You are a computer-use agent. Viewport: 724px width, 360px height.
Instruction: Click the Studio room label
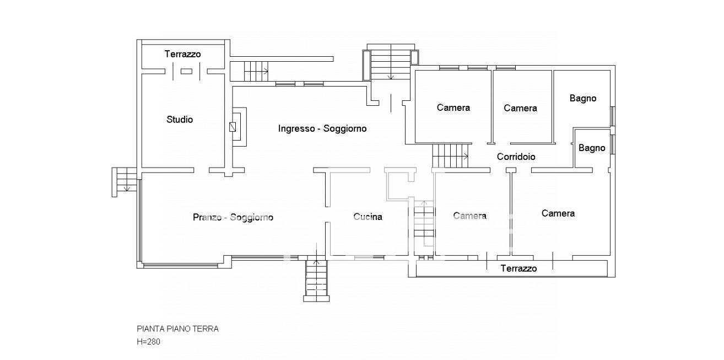tap(180, 119)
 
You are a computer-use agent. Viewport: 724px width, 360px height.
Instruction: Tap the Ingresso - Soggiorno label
tap(322, 128)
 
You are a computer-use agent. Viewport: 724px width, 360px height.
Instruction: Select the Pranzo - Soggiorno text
tap(233, 217)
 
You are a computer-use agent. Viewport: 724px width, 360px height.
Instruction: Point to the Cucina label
tap(368, 217)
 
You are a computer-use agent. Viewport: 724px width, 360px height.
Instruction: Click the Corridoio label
tap(516, 157)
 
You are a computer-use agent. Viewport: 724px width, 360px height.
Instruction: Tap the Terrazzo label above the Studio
tap(182, 54)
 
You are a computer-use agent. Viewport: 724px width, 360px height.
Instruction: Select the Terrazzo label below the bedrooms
tap(518, 268)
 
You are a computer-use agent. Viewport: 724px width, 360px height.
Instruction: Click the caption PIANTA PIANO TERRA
tap(177, 329)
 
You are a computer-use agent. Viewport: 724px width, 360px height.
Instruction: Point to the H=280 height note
tap(149, 341)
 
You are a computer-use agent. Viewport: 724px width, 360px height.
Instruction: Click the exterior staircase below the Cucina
tap(317, 280)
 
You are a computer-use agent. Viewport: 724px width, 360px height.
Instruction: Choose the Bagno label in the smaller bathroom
tap(592, 148)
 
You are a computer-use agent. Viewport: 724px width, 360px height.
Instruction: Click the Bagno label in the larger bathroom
tap(582, 98)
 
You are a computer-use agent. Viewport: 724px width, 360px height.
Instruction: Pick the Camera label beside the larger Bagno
tap(520, 108)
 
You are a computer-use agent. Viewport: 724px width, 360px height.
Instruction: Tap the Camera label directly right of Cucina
tap(469, 216)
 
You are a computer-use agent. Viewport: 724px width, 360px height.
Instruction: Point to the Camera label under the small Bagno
tap(558, 213)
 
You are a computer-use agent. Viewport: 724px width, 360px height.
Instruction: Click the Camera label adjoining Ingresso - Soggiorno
tap(453, 108)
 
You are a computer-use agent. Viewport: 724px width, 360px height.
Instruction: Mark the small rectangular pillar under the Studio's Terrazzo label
tap(186, 71)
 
